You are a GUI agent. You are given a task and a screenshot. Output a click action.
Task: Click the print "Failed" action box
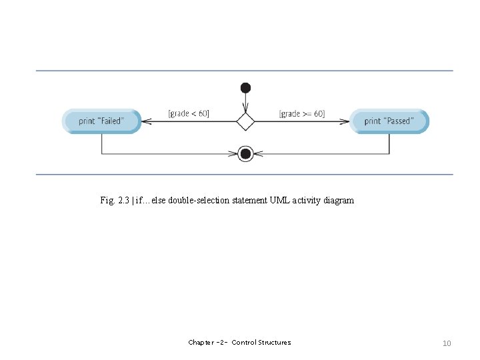tap(101, 121)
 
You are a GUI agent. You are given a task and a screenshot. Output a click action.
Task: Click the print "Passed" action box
tap(389, 121)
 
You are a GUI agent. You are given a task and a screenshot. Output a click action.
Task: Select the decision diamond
tap(245, 121)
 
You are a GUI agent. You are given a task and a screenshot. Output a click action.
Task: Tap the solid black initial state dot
tap(245, 87)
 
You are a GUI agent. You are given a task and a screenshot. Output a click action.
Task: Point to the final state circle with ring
tap(245, 154)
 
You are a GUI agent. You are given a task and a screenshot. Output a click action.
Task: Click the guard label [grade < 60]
tap(189, 113)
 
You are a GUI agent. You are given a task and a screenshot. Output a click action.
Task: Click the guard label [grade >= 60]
tap(302, 113)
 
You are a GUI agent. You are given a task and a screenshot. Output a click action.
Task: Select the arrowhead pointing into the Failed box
tap(147, 121)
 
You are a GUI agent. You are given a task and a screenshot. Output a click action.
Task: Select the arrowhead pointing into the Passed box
tap(345, 121)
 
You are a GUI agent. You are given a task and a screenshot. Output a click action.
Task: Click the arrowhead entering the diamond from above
tap(245, 109)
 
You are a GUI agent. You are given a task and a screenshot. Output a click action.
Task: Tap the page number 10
tap(447, 343)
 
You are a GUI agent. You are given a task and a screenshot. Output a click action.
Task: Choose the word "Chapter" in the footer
tap(201, 343)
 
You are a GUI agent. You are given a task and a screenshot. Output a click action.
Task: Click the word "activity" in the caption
tap(306, 200)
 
